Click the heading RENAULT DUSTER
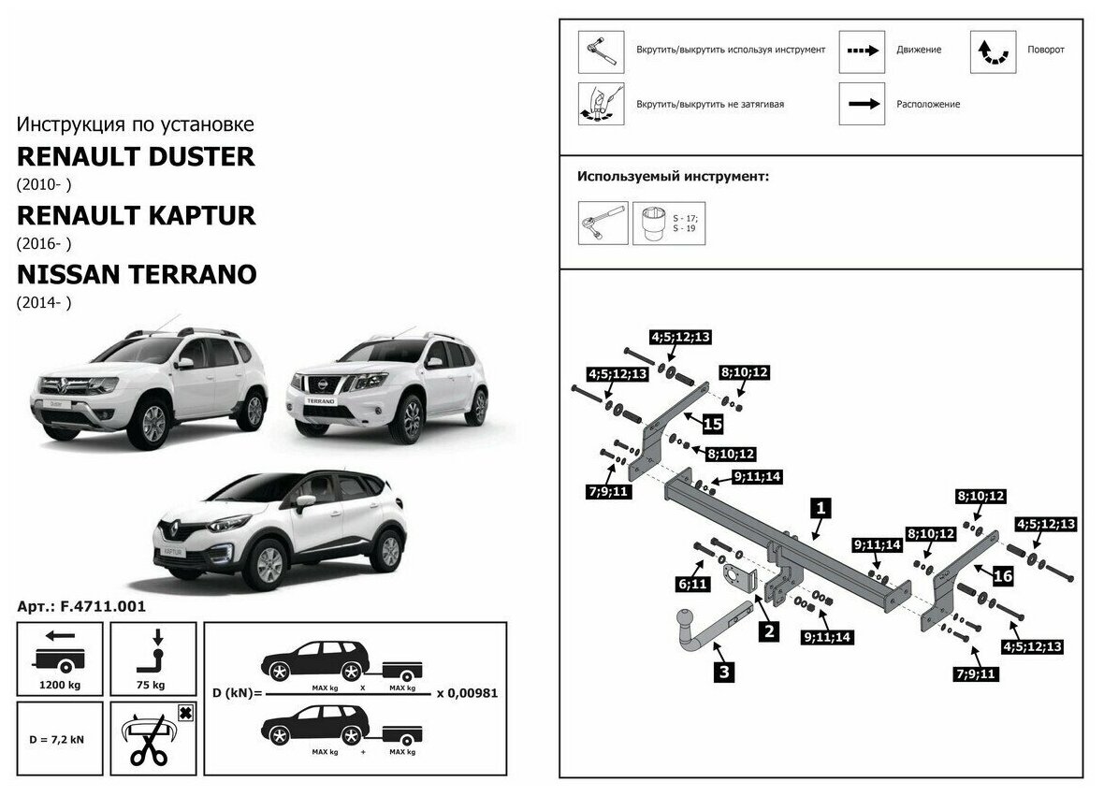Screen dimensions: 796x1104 click(136, 156)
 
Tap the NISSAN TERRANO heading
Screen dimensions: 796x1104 click(137, 275)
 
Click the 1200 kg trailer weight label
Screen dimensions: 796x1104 click(59, 684)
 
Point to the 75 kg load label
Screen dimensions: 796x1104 click(153, 684)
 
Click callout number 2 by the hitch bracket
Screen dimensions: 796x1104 click(768, 630)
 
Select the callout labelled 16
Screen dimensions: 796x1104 click(1002, 576)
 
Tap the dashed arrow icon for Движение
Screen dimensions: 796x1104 click(862, 51)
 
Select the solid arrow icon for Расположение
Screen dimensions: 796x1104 click(862, 104)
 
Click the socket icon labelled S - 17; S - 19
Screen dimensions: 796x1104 click(656, 224)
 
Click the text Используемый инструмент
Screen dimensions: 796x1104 click(673, 176)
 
